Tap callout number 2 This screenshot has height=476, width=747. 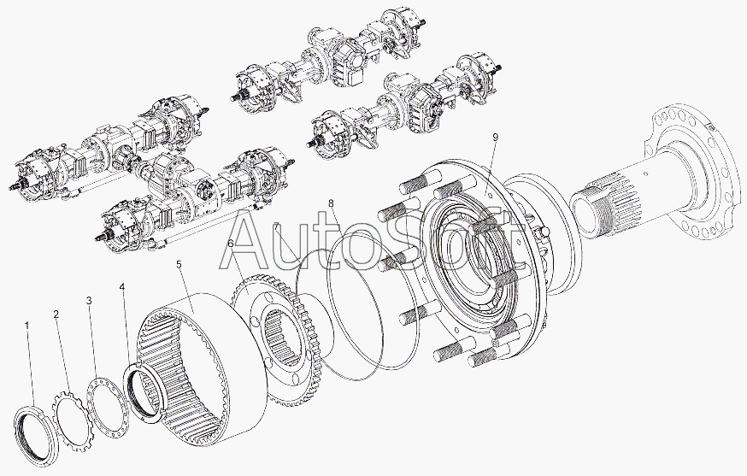pos(56,314)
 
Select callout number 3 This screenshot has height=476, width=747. pos(89,301)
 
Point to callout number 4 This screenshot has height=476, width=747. pos(122,287)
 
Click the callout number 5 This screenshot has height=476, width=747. pos(179,264)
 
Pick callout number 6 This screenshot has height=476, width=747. pos(231,244)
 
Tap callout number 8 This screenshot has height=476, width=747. pos(331,203)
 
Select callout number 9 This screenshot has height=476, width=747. pos(496,138)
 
